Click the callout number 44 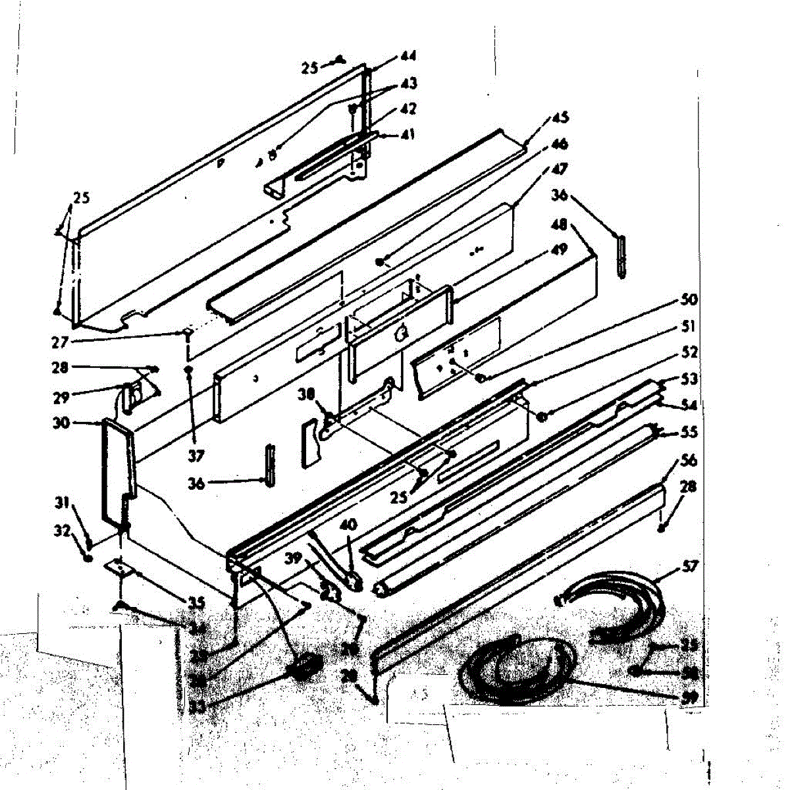pyautogui.click(x=408, y=57)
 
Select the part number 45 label pyautogui.click(x=560, y=118)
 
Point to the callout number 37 pyautogui.click(x=195, y=455)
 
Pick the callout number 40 pyautogui.click(x=348, y=525)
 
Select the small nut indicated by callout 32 pyautogui.click(x=88, y=558)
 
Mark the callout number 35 pyautogui.click(x=196, y=602)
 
